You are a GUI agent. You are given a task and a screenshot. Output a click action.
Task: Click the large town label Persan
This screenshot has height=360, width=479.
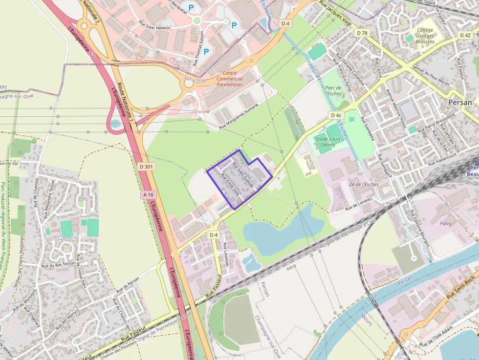pos(460,103)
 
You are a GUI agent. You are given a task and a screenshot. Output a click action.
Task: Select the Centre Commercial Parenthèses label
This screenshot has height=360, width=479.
pos(229,79)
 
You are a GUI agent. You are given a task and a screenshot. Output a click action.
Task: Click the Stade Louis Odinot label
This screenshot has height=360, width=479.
pos(328,142)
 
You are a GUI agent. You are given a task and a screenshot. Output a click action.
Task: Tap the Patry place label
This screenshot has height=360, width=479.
pos(445,223)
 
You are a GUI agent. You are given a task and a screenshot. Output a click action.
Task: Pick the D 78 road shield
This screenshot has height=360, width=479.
pos(362,33)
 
